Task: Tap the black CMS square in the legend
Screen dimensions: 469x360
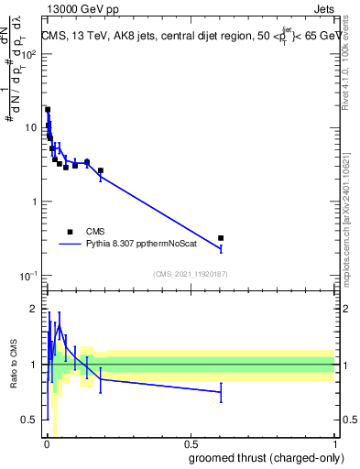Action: [x=70, y=232]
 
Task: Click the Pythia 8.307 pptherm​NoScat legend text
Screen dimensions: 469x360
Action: [x=136, y=245]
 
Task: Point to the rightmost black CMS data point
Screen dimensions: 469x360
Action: [x=221, y=238]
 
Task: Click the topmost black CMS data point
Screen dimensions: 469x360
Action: [x=48, y=110]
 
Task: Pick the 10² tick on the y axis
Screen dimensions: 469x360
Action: [x=28, y=54]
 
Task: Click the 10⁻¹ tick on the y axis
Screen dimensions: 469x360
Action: [x=28, y=276]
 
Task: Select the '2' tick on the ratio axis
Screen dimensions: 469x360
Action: [x=34, y=308]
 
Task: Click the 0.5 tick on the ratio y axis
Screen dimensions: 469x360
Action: [x=29, y=420]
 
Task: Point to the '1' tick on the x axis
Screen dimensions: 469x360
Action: [x=334, y=443]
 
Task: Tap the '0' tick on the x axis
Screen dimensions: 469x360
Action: [x=47, y=443]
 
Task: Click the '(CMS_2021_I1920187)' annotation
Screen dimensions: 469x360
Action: [x=191, y=274]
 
